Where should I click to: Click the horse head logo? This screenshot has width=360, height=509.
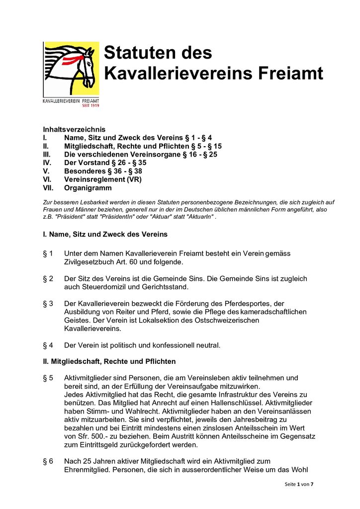pos(71,69)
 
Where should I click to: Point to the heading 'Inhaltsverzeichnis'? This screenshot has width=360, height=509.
pos(74,129)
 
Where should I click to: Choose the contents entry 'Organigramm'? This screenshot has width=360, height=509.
pos(88,188)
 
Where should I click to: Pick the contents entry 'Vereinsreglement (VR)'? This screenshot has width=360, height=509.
pos(103,179)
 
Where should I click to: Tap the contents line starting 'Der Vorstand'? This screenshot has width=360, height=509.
pos(105,163)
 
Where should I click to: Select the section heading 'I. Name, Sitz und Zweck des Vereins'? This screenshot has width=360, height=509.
pos(105,234)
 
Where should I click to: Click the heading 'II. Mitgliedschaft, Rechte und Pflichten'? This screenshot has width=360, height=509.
pos(109,361)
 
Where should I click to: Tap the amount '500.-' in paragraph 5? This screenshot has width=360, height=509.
pos(100,436)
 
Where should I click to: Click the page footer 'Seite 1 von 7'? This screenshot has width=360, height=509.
pos(298,484)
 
